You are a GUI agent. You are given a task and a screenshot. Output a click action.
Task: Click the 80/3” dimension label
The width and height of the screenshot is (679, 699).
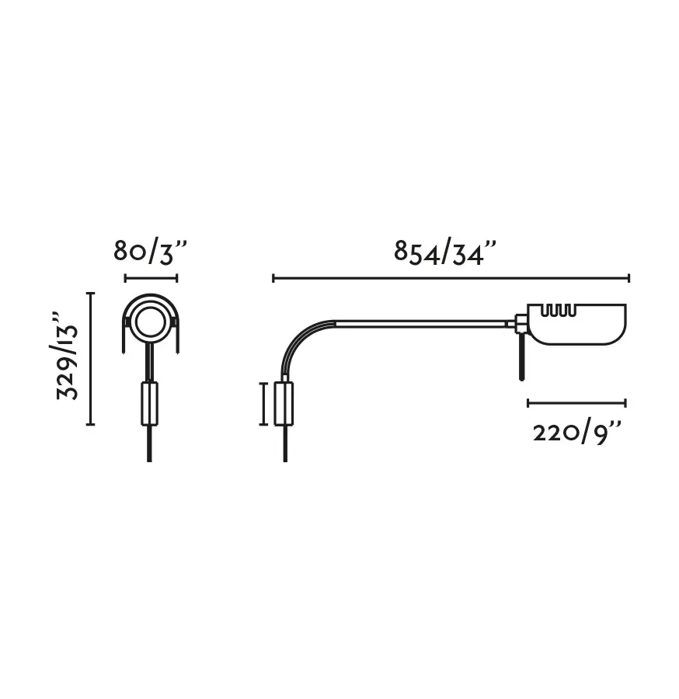pyautogui.click(x=150, y=252)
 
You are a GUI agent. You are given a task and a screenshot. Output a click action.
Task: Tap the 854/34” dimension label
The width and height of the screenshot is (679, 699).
pyautogui.click(x=445, y=253)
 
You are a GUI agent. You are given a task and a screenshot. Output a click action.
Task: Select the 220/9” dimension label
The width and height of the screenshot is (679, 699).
pyautogui.click(x=577, y=433)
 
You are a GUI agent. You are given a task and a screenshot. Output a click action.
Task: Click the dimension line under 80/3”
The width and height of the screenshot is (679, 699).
pyautogui.click(x=151, y=279)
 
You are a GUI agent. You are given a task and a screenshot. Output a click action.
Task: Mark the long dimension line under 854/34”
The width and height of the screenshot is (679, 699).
pyautogui.click(x=451, y=279)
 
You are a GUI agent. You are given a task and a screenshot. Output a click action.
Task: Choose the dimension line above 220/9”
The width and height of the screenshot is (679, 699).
pyautogui.click(x=577, y=403)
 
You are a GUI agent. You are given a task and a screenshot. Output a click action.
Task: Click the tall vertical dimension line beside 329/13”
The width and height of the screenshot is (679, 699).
pyautogui.click(x=90, y=359)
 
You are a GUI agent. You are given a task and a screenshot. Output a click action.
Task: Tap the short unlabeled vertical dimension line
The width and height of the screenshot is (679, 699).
pyautogui.click(x=263, y=404)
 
